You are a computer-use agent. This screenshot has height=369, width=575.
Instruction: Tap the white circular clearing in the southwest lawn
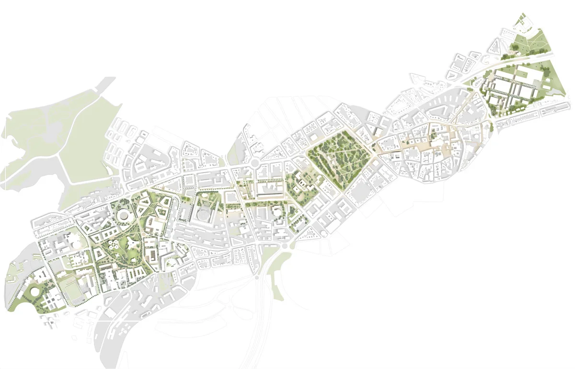point(35,291)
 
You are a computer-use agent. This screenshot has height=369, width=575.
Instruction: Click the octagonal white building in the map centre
point(277,211)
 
